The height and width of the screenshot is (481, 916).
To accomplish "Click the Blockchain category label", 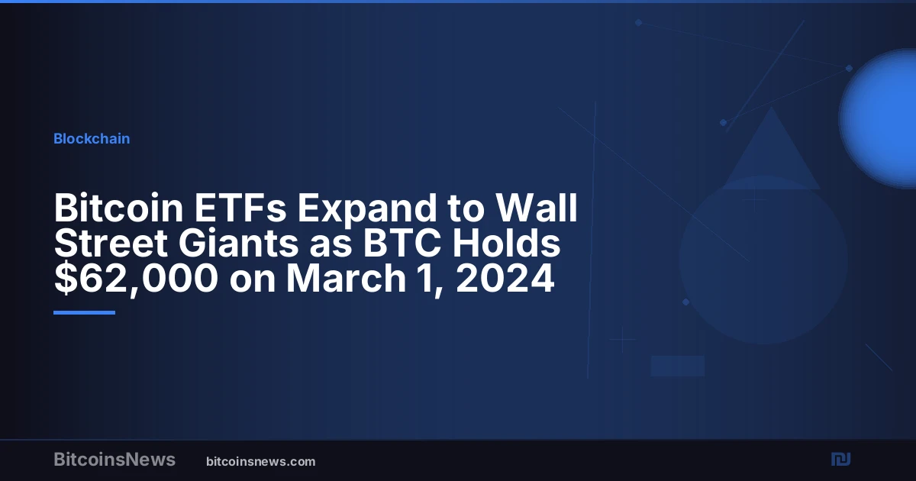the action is tap(92, 139).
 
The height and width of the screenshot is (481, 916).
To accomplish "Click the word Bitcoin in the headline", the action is tap(118, 208).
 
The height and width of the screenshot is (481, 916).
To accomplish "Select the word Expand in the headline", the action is tap(367, 209).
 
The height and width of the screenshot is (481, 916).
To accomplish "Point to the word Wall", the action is tap(536, 208).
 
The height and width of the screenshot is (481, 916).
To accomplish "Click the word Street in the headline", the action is tap(111, 243).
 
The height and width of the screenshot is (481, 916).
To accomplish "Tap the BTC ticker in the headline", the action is tap(402, 243).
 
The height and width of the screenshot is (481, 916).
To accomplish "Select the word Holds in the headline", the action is tap(506, 243).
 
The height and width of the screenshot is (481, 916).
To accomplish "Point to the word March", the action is tap(346, 278).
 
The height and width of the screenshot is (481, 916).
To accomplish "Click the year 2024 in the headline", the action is tap(505, 278).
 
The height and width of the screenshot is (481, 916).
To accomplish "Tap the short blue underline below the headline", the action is tap(84, 313).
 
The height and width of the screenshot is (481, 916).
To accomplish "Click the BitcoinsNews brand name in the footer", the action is tap(114, 460).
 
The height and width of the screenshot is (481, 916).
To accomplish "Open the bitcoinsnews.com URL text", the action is tap(261, 462).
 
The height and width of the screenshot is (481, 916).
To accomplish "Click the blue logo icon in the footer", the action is tap(840, 460).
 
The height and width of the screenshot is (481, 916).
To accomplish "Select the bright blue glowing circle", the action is tap(879, 118).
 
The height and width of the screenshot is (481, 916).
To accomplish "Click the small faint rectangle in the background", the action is tap(678, 366).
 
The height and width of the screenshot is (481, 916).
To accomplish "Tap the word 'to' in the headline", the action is tap(466, 208).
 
